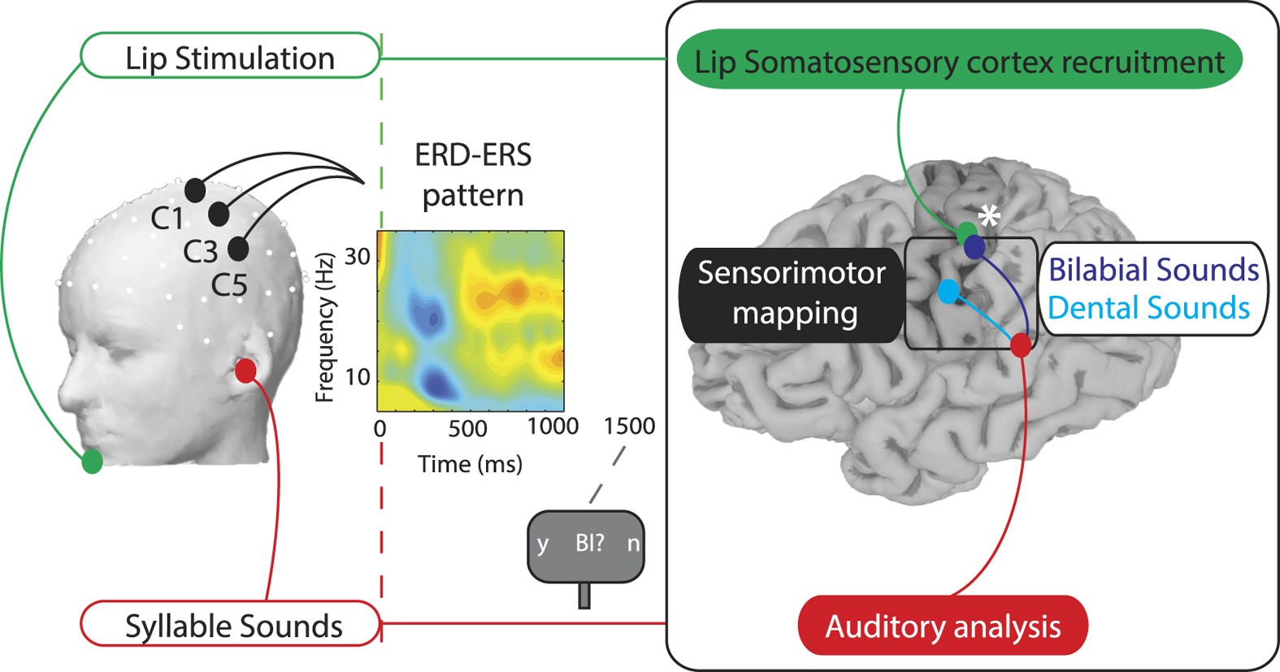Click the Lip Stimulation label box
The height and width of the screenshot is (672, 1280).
tap(230, 57)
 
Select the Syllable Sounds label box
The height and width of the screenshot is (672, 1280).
tap(231, 625)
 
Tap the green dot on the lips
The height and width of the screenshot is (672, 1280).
tap(92, 462)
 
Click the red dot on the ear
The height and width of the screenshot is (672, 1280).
tap(245, 371)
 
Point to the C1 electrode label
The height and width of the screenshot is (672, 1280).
tap(167, 219)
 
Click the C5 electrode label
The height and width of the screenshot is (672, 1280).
tap(229, 285)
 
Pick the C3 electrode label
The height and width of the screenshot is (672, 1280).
tap(200, 252)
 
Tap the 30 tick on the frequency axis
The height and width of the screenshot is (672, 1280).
tap(358, 257)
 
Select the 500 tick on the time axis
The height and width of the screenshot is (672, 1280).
tap(467, 428)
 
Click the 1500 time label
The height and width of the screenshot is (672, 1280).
tap(629, 426)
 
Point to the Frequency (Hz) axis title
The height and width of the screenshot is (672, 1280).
tap(325, 327)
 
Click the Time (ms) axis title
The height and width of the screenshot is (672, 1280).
tap(470, 464)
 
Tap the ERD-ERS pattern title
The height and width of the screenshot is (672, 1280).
tap(473, 175)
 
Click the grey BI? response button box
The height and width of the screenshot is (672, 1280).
tap(586, 545)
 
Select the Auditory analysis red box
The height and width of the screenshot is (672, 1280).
tap(943, 626)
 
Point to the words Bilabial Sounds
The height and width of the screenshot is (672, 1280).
tap(1153, 270)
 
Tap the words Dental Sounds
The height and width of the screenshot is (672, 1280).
tap(1148, 308)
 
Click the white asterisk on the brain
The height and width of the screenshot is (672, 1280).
tap(988, 216)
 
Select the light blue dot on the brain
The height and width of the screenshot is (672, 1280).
tap(948, 292)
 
